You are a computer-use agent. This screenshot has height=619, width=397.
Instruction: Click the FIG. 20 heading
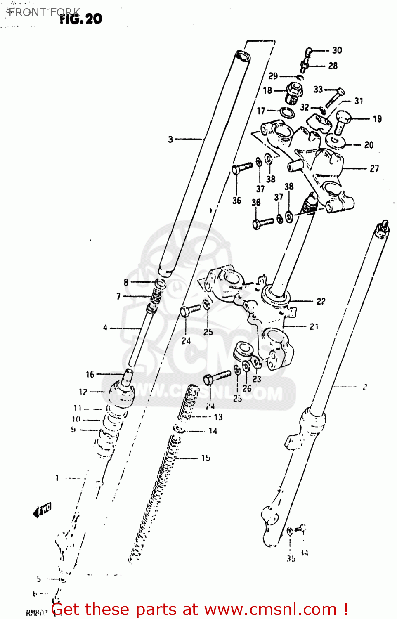[81, 19]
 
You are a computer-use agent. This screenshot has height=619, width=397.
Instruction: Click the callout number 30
[337, 50]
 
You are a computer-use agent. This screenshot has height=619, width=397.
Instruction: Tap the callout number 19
[377, 119]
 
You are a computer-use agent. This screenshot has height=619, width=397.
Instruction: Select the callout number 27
[374, 169]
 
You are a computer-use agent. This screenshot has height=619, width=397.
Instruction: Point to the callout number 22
[321, 302]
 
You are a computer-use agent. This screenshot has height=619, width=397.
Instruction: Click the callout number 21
[314, 326]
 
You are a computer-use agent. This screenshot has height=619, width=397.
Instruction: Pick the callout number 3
[170, 139]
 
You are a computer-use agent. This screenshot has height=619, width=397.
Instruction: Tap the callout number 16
[90, 375]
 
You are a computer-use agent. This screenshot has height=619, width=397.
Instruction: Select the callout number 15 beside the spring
[206, 458]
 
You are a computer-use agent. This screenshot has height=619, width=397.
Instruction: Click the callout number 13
[218, 417]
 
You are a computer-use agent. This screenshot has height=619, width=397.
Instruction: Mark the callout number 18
[267, 90]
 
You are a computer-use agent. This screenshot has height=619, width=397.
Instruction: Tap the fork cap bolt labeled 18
[293, 94]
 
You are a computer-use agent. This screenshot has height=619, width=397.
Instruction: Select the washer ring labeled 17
[287, 112]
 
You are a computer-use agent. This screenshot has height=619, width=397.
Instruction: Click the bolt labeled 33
[335, 97]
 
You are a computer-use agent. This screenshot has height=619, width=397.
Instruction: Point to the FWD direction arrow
[42, 510]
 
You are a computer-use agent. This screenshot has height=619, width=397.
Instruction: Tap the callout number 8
[126, 283]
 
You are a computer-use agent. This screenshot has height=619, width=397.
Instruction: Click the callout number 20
[369, 145]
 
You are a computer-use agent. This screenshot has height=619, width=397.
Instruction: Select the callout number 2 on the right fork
[364, 387]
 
